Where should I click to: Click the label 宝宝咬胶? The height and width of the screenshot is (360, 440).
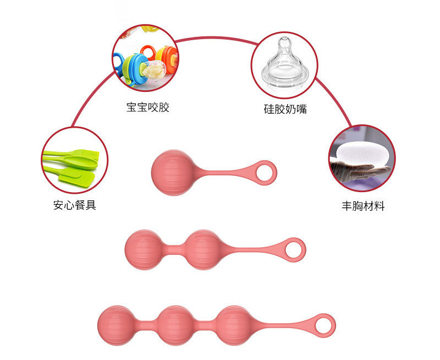(147, 107)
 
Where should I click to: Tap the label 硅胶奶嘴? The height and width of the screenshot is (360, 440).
(284, 109)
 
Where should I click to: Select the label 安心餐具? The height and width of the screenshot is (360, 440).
(75, 206)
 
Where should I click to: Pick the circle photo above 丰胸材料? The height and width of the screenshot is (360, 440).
(361, 158)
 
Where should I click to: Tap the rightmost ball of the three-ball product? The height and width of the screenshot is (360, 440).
(234, 325)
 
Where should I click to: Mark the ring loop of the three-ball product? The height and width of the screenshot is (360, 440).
(324, 324)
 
